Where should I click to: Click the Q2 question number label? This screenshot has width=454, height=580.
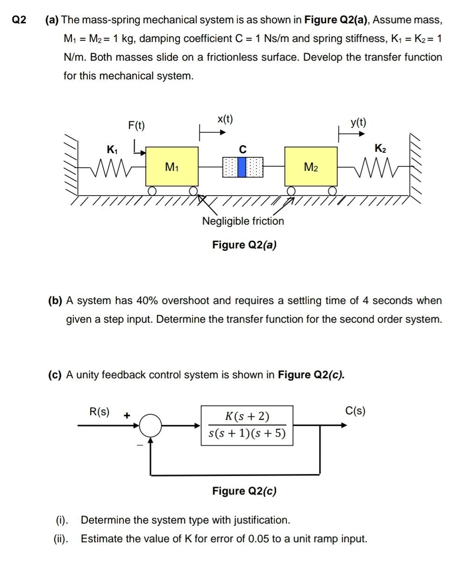(x=19, y=20)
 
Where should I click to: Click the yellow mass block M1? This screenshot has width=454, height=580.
(x=172, y=167)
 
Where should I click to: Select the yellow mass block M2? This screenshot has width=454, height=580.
(x=311, y=167)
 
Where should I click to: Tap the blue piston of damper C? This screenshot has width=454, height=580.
(x=242, y=167)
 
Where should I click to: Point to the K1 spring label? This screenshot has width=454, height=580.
(x=112, y=149)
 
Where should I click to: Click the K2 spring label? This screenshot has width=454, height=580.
(x=380, y=149)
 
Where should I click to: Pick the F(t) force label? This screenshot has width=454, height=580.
(x=136, y=125)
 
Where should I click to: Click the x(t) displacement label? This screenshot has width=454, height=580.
(x=225, y=119)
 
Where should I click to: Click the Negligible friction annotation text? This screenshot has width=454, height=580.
(x=242, y=221)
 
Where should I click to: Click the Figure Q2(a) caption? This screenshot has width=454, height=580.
(x=244, y=245)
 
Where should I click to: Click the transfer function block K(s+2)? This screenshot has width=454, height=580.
(x=247, y=425)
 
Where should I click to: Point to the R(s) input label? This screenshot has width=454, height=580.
(x=99, y=411)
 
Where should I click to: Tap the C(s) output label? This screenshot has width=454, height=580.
(x=355, y=410)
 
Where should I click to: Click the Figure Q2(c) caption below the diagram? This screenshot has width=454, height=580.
(x=244, y=491)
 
